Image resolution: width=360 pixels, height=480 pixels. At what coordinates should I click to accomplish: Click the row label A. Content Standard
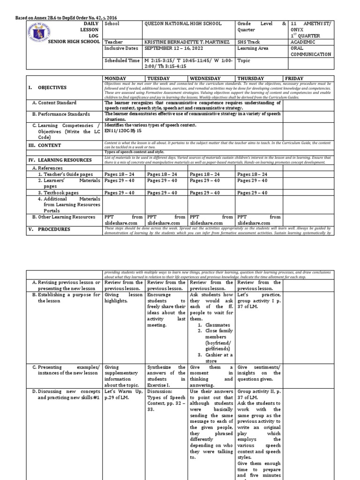(57, 103)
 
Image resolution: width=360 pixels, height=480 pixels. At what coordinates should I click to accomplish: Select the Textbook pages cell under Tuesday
(162, 193)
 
